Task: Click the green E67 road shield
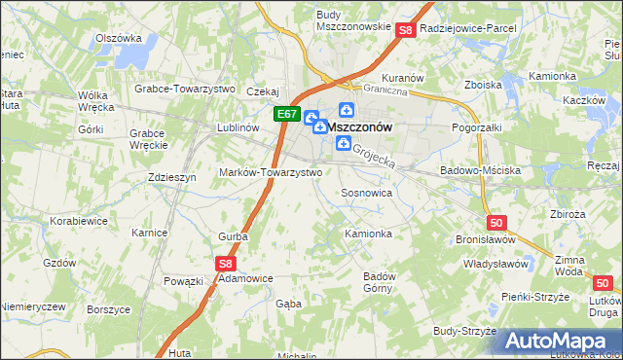coord(286,114)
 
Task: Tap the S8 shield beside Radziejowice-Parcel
coord(407,31)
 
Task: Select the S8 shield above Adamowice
coord(226,262)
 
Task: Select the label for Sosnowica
coord(366,194)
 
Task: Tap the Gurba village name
coord(233,236)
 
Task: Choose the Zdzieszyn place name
coord(171,178)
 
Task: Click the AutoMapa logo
coord(556,342)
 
